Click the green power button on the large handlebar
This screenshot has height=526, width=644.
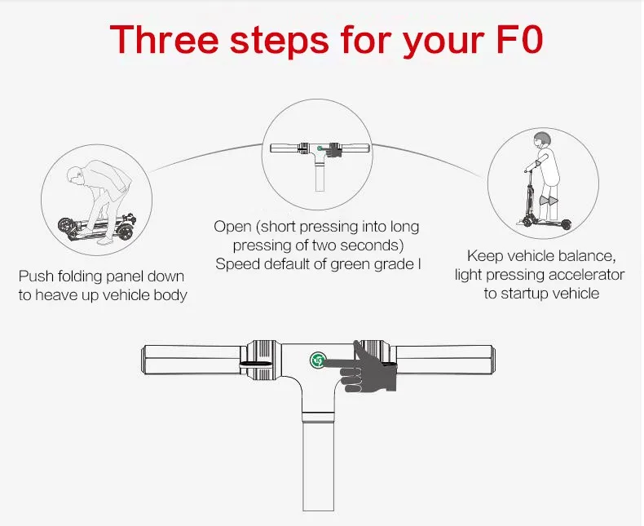click(317, 360)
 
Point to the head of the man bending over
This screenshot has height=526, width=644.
click(75, 175)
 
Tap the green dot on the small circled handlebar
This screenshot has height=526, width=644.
click(323, 150)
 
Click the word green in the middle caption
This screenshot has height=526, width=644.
click(350, 263)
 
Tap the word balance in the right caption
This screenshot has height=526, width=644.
click(591, 255)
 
